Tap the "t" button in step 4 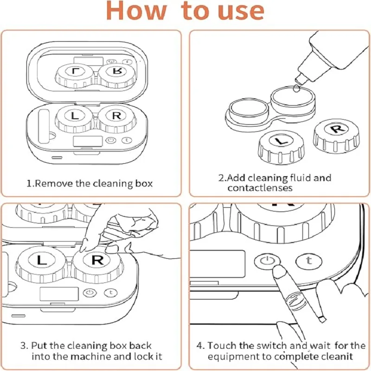tap(307, 261)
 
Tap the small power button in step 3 tap(90, 293)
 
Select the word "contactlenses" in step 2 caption tap(260, 188)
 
